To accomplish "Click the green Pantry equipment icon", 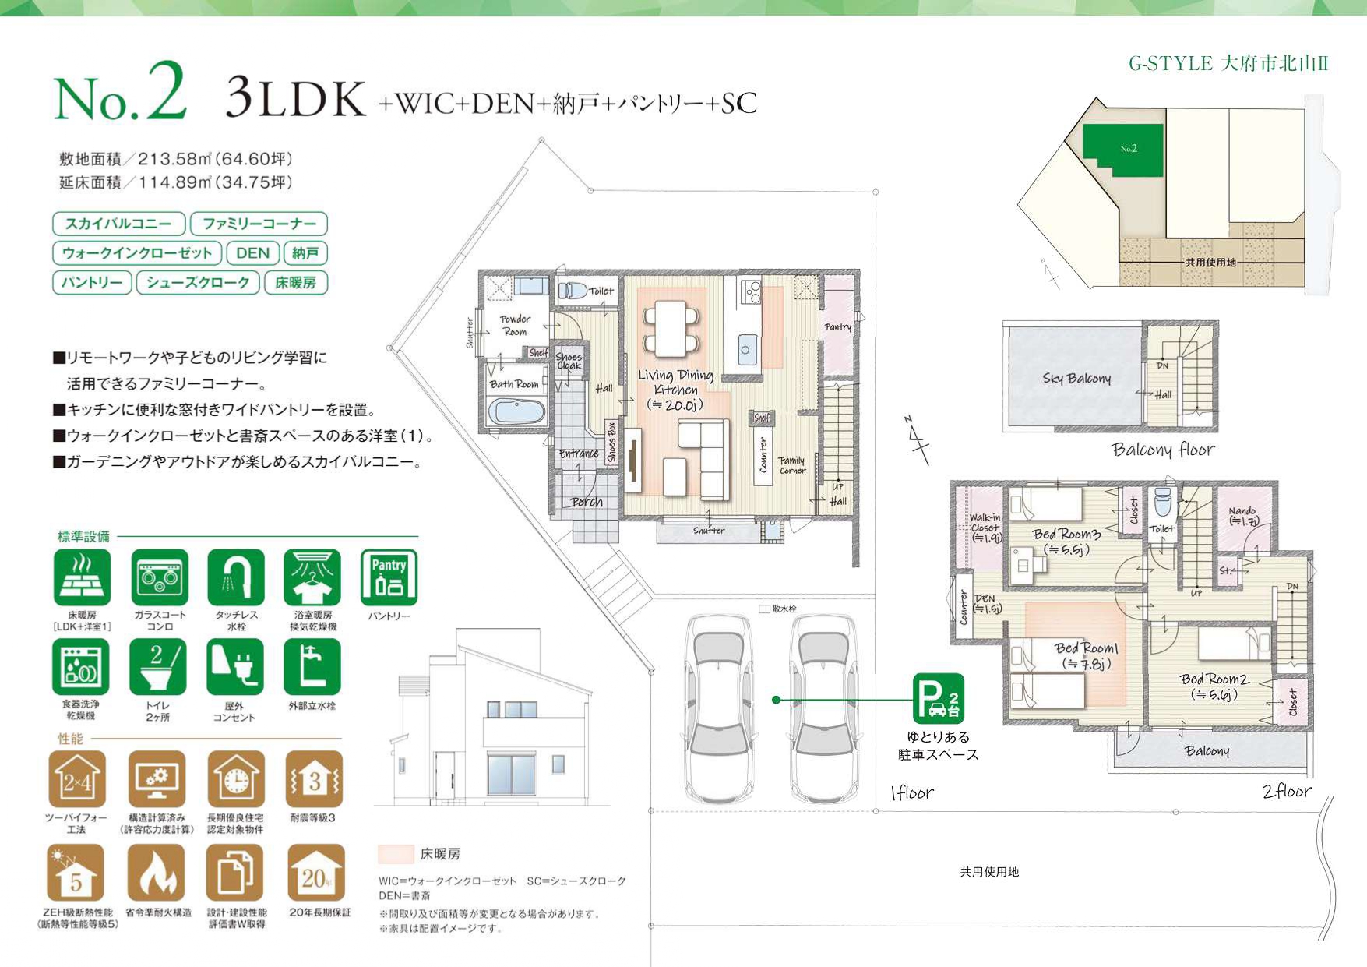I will [x=389, y=577].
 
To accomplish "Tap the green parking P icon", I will [x=939, y=698].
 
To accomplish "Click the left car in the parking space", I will [x=718, y=708].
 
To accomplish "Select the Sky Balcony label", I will [x=1076, y=379].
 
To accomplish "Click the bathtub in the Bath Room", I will [x=516, y=411].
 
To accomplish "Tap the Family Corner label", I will [x=791, y=465].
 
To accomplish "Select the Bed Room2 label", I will [x=1214, y=686].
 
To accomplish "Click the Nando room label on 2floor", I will [x=1242, y=516].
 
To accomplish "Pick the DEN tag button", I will [x=252, y=253].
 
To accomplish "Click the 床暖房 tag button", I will [x=296, y=282].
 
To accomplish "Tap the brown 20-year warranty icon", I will [x=315, y=873].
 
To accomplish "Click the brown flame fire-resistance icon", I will [x=157, y=873].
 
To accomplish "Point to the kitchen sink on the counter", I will [x=745, y=349].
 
